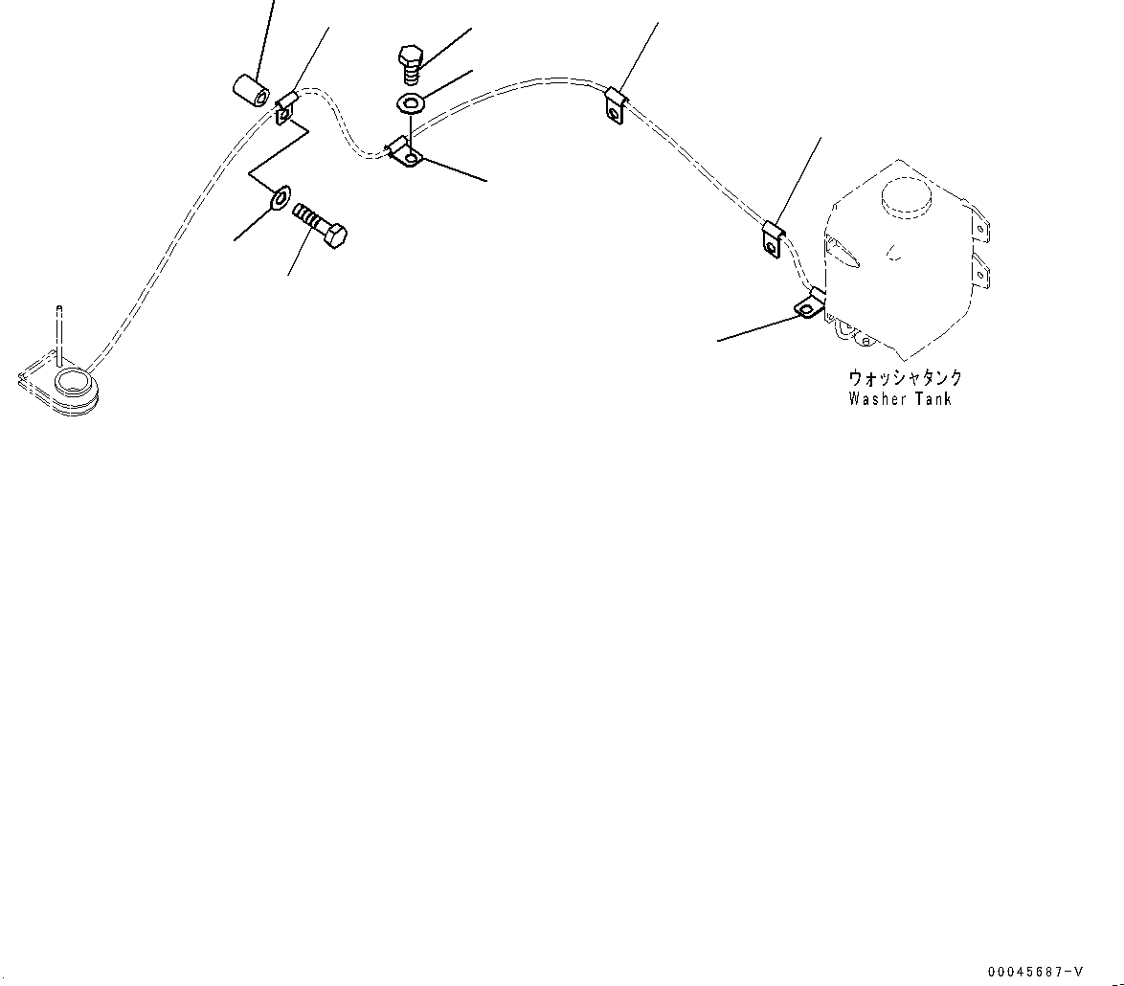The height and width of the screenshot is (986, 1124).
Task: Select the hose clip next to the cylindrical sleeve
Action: (x=286, y=106)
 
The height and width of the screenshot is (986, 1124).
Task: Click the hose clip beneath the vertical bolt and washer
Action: (x=405, y=152)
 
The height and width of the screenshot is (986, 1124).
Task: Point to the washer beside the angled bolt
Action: (x=281, y=198)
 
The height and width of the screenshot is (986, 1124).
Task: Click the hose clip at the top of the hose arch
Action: (x=615, y=103)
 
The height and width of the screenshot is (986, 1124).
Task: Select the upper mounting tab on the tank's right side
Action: (x=980, y=231)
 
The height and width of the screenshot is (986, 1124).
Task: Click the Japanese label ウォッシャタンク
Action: (x=905, y=378)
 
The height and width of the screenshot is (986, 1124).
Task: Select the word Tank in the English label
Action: (x=933, y=399)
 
